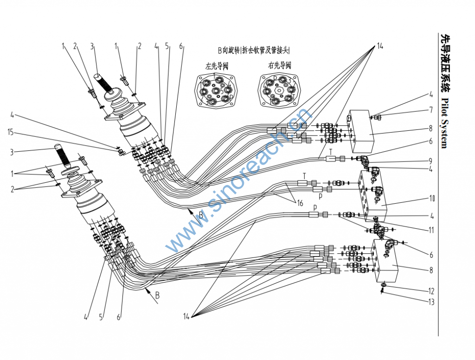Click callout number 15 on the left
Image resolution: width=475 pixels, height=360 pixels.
(11, 133)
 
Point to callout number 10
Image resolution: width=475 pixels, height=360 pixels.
(431, 199)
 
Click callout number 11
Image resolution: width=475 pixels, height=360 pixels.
(431, 229)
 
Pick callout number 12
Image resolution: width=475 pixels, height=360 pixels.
(431, 291)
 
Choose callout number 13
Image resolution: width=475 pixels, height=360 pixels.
(431, 302)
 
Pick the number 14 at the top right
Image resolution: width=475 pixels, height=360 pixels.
(380, 46)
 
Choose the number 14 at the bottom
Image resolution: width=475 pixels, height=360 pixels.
(186, 316)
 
